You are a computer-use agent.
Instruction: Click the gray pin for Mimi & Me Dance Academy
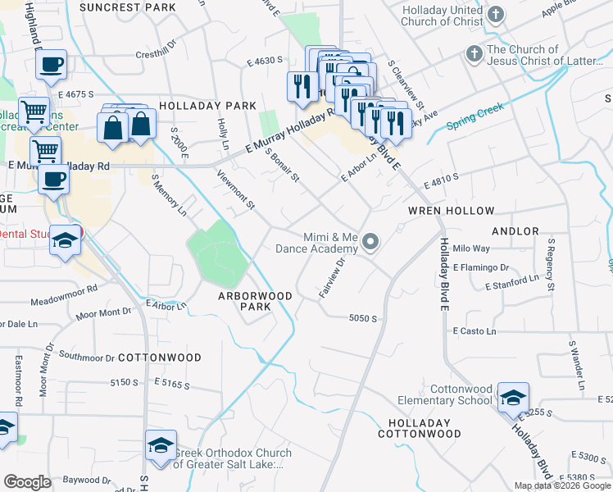[370, 241]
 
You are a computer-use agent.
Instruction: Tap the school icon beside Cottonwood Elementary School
[513, 398]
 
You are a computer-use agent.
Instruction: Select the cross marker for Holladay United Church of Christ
[496, 15]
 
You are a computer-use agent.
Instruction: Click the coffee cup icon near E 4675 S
[51, 65]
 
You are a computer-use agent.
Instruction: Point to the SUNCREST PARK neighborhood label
[128, 7]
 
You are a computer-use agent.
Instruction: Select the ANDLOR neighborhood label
[515, 231]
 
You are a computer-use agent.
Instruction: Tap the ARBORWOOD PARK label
[255, 301]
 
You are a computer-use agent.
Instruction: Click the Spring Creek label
[475, 116]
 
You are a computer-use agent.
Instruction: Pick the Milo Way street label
[471, 248]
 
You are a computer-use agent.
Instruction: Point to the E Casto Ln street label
[475, 331]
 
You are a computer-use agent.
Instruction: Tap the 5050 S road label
[361, 318]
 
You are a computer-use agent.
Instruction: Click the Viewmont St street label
[236, 187]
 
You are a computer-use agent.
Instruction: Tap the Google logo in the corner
[27, 482]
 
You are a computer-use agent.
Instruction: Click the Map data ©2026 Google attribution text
[561, 485]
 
